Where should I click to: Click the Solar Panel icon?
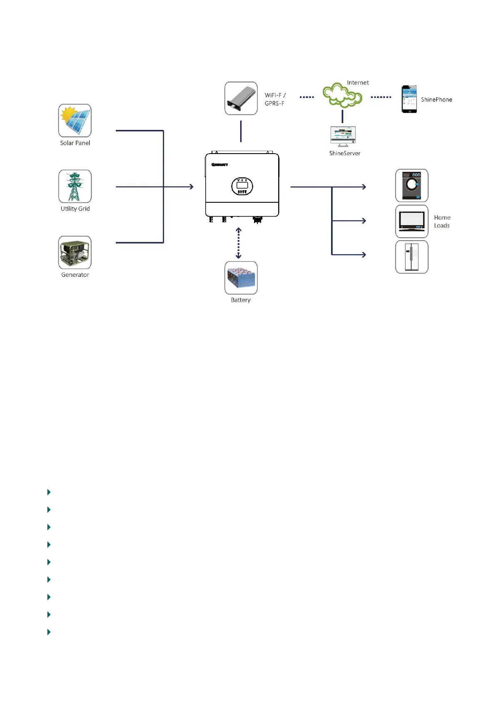75,120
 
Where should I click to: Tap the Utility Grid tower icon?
75,186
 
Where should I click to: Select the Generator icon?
75,252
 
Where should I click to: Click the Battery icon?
241,278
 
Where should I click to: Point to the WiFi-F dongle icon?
241,98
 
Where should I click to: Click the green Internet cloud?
342,95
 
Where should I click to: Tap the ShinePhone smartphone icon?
409,99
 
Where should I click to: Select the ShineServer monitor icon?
343,136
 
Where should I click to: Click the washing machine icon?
411,186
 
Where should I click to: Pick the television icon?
411,221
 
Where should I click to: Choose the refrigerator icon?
411,257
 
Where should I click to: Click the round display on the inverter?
242,186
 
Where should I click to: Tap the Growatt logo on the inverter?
219,165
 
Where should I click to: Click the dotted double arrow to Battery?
239,243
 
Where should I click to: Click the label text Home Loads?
442,221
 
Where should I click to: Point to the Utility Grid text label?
75,209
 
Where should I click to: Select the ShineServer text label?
344,153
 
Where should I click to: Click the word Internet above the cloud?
358,83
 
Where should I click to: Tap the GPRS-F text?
274,103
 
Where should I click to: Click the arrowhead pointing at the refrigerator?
364,254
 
